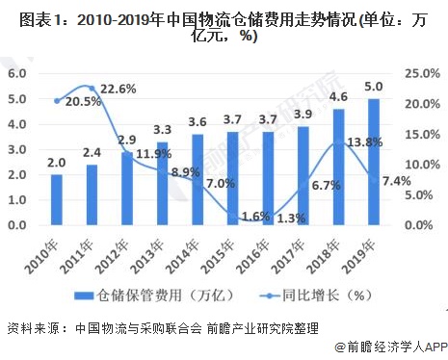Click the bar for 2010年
tap(57, 199)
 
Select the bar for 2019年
tap(373, 161)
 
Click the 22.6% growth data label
tap(118, 89)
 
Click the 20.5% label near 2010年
tap(84, 101)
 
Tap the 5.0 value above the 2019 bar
tap(373, 87)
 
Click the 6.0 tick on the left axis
tap(16, 73)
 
